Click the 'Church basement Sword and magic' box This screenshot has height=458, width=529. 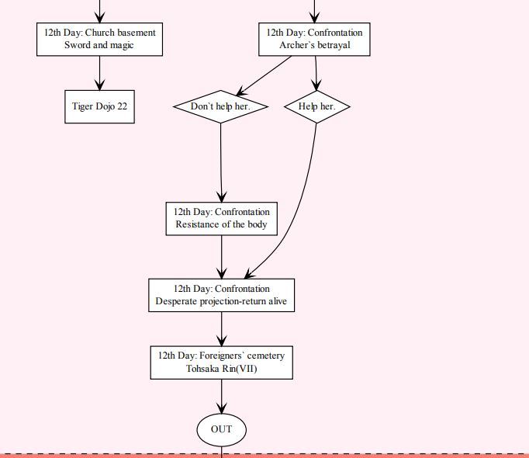coord(99,39)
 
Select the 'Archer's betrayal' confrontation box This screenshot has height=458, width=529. coord(314,39)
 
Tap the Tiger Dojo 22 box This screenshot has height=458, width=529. coord(99,106)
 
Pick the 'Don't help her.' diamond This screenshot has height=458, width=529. coord(220,106)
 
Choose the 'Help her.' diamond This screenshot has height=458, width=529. coord(316,106)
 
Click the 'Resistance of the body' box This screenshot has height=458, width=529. coord(222,218)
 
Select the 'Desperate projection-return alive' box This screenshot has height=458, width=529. coord(222,295)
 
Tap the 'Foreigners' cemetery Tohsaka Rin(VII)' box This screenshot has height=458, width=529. coord(222,363)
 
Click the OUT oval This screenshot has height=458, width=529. coord(222,429)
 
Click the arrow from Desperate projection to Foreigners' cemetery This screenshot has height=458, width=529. coord(222,328)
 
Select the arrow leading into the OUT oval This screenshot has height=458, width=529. coord(222,396)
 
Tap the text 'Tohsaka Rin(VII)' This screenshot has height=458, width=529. coord(222,370)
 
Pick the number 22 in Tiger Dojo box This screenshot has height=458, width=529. coord(122,106)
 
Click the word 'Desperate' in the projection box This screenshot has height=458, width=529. coord(177,302)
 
